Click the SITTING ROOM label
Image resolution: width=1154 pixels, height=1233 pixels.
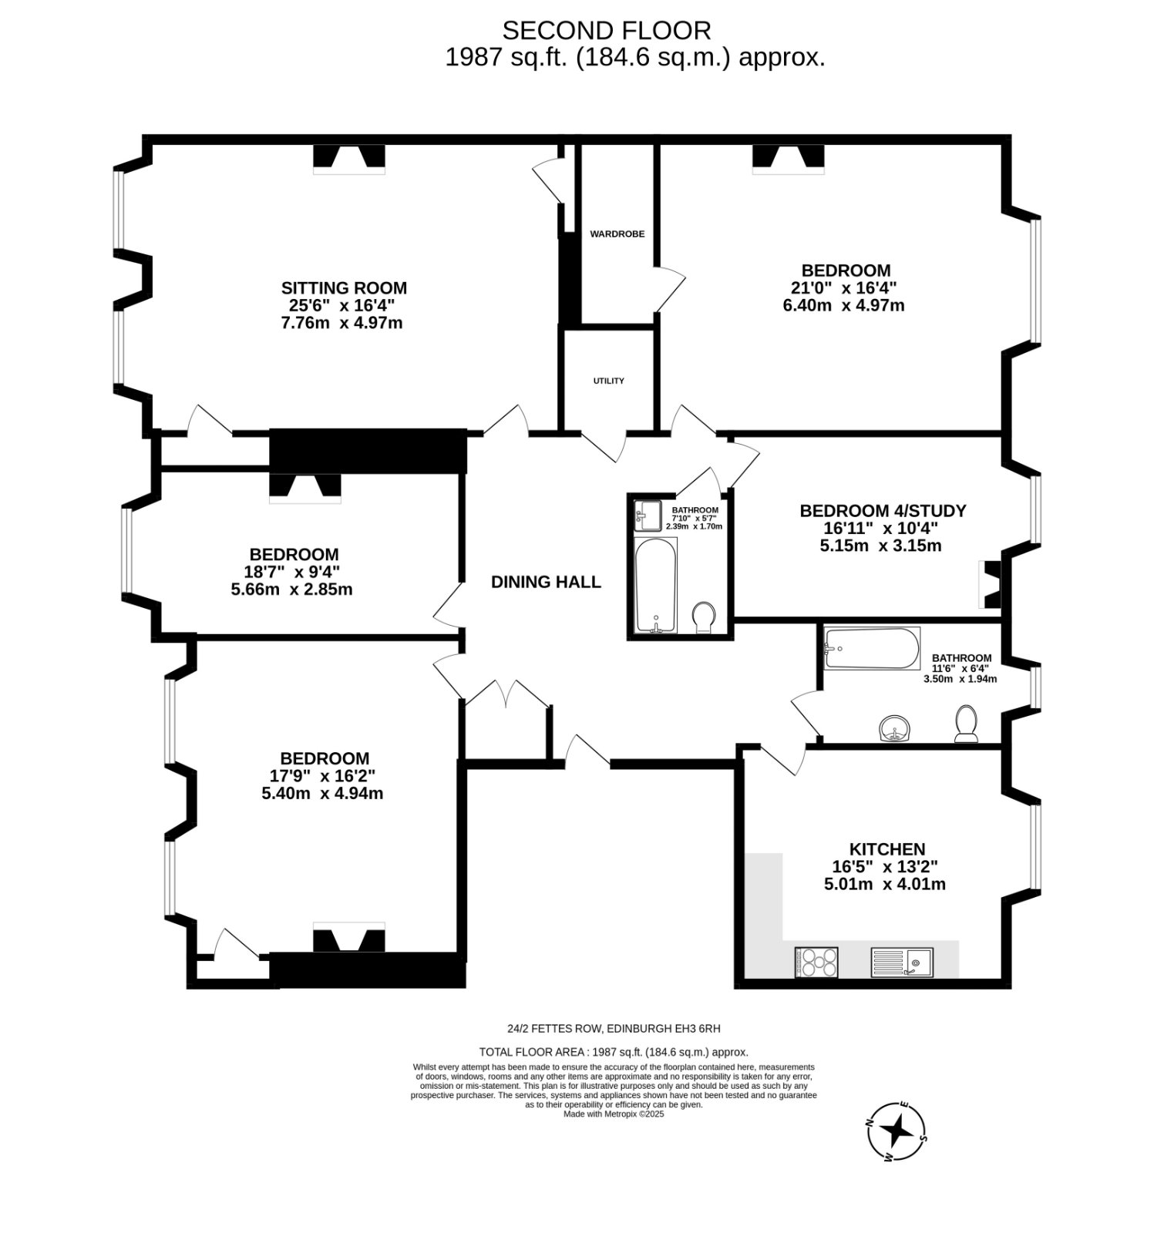coord(344,288)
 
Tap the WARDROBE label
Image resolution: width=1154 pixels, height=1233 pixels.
coord(617,233)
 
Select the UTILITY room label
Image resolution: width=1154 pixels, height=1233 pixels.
coord(608,381)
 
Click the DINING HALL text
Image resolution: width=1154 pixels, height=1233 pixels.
coord(546,582)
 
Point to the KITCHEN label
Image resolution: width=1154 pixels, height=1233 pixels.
coord(887,849)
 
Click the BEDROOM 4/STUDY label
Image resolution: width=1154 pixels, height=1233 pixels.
coord(883,511)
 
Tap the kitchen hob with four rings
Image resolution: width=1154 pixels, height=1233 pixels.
coord(816,962)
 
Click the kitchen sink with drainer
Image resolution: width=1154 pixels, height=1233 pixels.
coord(902,962)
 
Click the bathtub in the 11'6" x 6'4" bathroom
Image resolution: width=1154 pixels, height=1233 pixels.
coord(872,649)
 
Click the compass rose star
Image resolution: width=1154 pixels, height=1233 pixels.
coord(897,1131)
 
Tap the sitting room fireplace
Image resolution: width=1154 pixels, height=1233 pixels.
coord(348,160)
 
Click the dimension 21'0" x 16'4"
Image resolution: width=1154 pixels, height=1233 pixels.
coord(845,288)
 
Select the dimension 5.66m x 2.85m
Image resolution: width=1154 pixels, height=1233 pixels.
coord(292,590)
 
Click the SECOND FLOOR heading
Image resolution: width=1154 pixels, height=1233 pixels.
coord(607,31)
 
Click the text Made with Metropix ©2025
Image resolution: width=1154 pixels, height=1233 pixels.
coord(614,1114)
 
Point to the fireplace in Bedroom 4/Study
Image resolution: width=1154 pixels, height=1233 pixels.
coord(989,584)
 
